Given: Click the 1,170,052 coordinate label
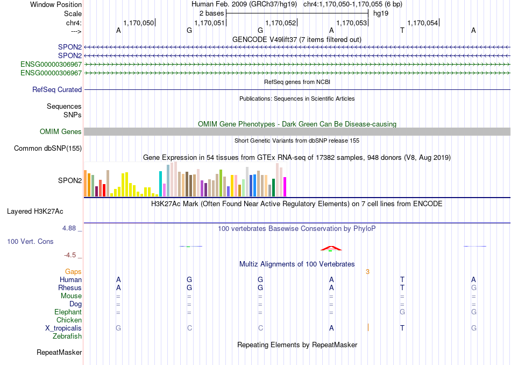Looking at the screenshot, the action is (x=281, y=23).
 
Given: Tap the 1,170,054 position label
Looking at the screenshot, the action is (x=423, y=23).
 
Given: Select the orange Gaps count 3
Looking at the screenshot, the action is (x=367, y=272).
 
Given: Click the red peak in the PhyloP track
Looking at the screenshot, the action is (x=331, y=248).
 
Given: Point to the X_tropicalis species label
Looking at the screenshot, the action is (x=63, y=328).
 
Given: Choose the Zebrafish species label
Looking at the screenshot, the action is (x=67, y=336).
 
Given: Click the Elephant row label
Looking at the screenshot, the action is (x=68, y=312).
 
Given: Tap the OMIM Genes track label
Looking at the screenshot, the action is (x=61, y=131).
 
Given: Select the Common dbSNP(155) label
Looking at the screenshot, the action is (x=48, y=149).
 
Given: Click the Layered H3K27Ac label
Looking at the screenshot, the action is (x=35, y=212).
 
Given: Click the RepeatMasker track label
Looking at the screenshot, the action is (x=59, y=352).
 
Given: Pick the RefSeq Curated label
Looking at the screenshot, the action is (x=57, y=90).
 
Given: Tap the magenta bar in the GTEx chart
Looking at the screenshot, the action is (x=285, y=187).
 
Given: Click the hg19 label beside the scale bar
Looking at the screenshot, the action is (x=381, y=13).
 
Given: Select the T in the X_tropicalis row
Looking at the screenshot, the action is (x=402, y=328).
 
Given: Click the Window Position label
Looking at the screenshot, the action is (x=56, y=4).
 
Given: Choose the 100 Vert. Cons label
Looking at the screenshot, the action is (x=30, y=241).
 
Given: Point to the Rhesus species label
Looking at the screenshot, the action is (x=70, y=288).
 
